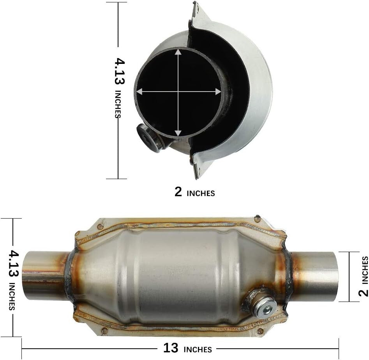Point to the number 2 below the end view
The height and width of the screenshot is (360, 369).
point(178,192)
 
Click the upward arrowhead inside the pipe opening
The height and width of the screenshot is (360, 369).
point(178,52)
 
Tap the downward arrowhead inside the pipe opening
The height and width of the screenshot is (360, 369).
point(178,133)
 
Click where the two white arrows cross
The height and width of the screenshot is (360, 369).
point(178,92)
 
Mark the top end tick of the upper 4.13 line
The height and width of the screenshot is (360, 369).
point(117,2)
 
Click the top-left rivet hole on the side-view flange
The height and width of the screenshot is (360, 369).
point(100,226)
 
